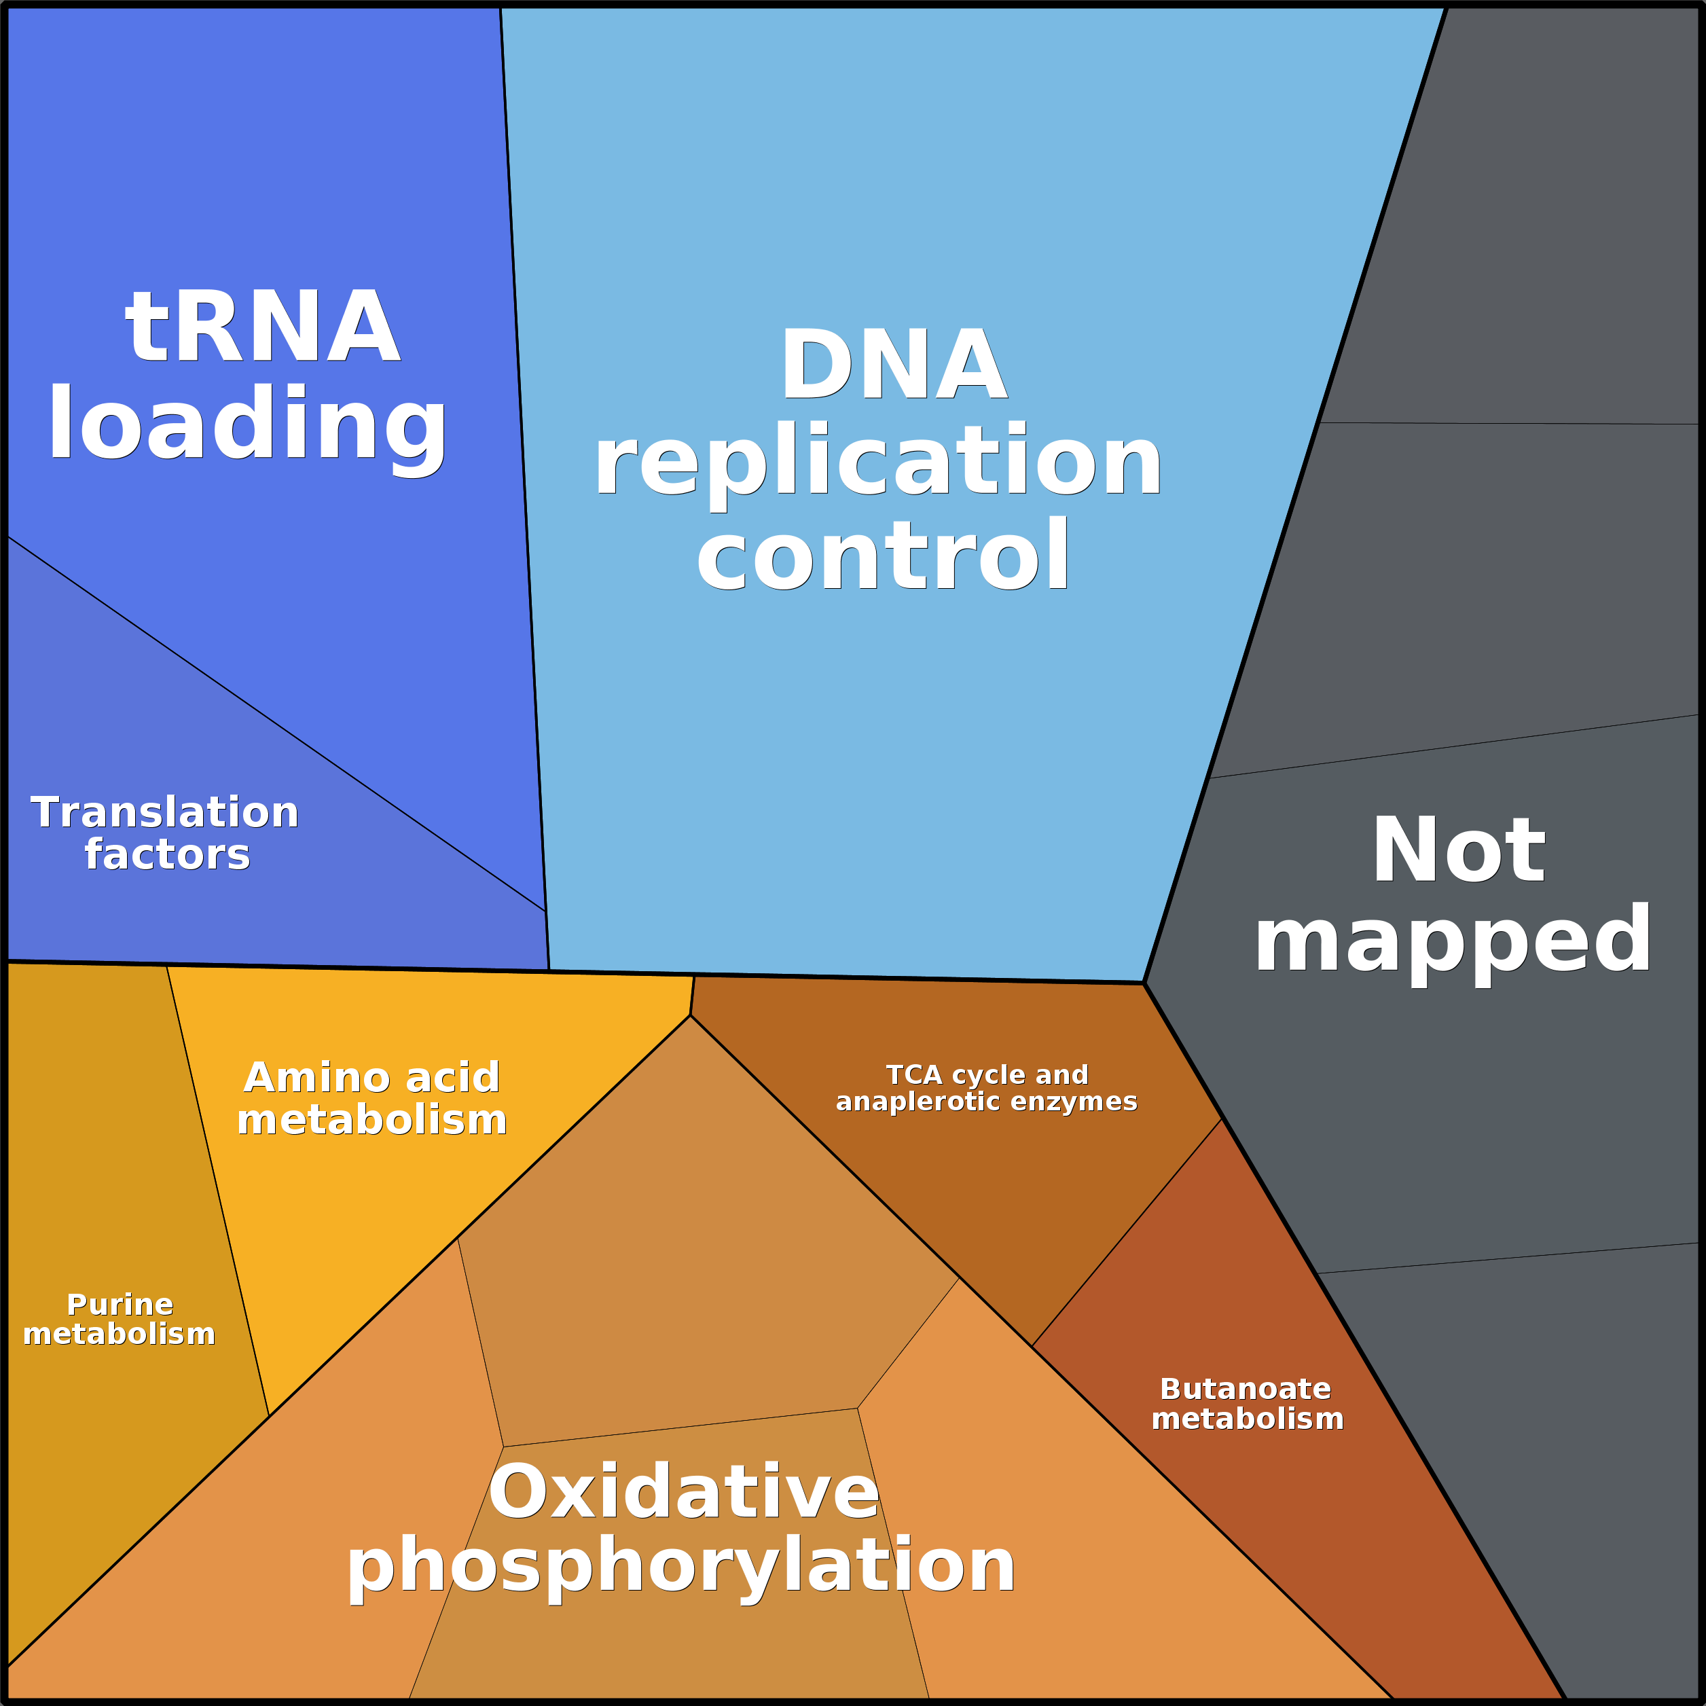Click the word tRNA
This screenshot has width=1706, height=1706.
click(262, 327)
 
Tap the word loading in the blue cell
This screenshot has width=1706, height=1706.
click(247, 424)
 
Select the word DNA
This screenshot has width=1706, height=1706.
click(893, 365)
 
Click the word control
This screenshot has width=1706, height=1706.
click(883, 556)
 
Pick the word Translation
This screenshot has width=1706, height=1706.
click(165, 812)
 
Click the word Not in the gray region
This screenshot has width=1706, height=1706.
click(1458, 850)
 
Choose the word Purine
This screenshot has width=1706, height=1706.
click(120, 1305)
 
